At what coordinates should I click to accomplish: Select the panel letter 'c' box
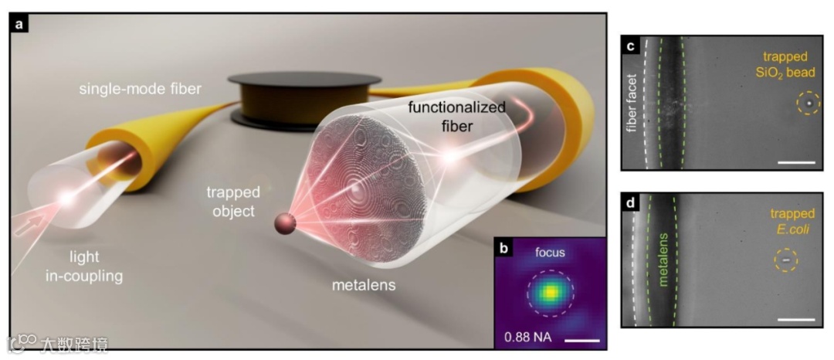pyautogui.click(x=631, y=46)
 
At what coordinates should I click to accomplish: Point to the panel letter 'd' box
pyautogui.click(x=631, y=204)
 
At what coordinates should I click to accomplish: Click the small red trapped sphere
pyautogui.click(x=285, y=223)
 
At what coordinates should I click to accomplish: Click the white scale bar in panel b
pyautogui.click(x=585, y=338)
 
